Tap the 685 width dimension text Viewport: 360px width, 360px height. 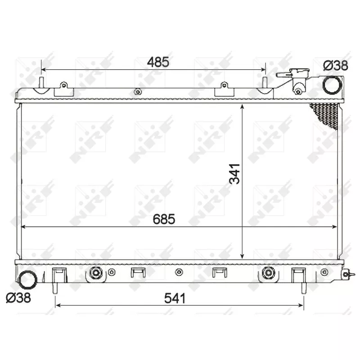(x=163, y=219)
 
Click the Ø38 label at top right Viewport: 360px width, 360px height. (x=336, y=65)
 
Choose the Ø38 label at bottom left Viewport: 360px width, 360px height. (x=18, y=298)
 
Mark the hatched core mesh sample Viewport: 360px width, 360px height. (x=326, y=115)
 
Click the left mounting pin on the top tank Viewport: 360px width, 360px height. (x=41, y=83)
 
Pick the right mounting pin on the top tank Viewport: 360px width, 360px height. (x=265, y=83)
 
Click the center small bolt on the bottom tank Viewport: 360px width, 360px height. (x=179, y=272)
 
